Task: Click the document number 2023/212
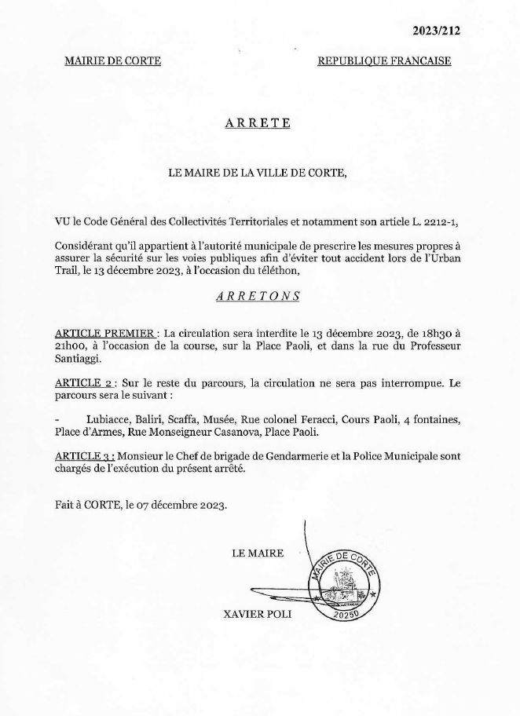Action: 437,31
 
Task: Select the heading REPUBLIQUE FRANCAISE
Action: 384,61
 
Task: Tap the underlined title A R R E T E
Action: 258,122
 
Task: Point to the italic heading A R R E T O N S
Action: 258,296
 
